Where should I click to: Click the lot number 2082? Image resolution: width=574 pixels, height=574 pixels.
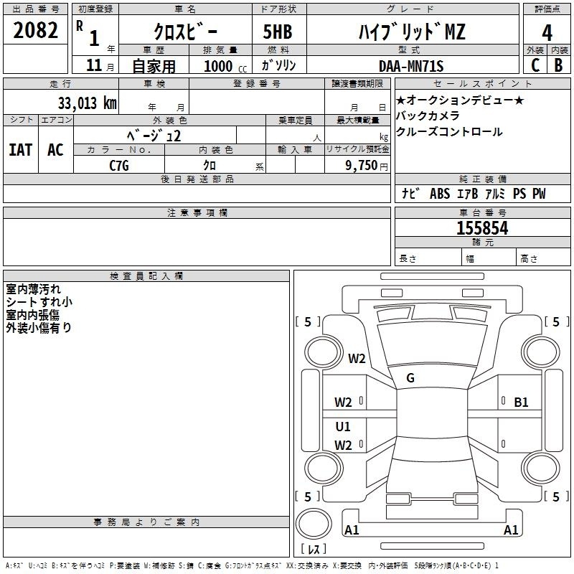click(x=35, y=32)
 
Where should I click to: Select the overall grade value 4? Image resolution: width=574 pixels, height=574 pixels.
click(x=547, y=32)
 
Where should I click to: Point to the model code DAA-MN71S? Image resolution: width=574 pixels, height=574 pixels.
click(x=411, y=65)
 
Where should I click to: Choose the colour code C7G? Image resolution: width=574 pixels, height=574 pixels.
click(x=119, y=164)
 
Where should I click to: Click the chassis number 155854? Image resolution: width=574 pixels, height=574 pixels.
click(x=482, y=228)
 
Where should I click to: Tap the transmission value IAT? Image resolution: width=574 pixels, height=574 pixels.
click(x=20, y=150)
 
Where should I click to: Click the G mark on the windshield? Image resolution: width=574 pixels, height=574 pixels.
click(x=410, y=377)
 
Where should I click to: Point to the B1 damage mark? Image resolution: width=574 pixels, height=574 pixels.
click(x=521, y=403)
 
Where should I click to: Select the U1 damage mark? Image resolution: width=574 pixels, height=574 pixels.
click(x=343, y=426)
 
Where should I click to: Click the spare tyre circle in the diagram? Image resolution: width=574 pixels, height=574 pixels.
click(x=314, y=525)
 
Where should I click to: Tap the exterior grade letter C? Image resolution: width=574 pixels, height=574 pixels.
click(x=535, y=65)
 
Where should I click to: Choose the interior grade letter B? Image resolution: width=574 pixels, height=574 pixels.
click(x=558, y=65)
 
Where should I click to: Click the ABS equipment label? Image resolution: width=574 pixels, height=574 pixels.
click(x=439, y=194)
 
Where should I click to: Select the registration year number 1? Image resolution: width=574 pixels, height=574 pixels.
click(x=93, y=37)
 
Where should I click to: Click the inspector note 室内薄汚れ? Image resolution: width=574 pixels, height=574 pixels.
click(x=33, y=289)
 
